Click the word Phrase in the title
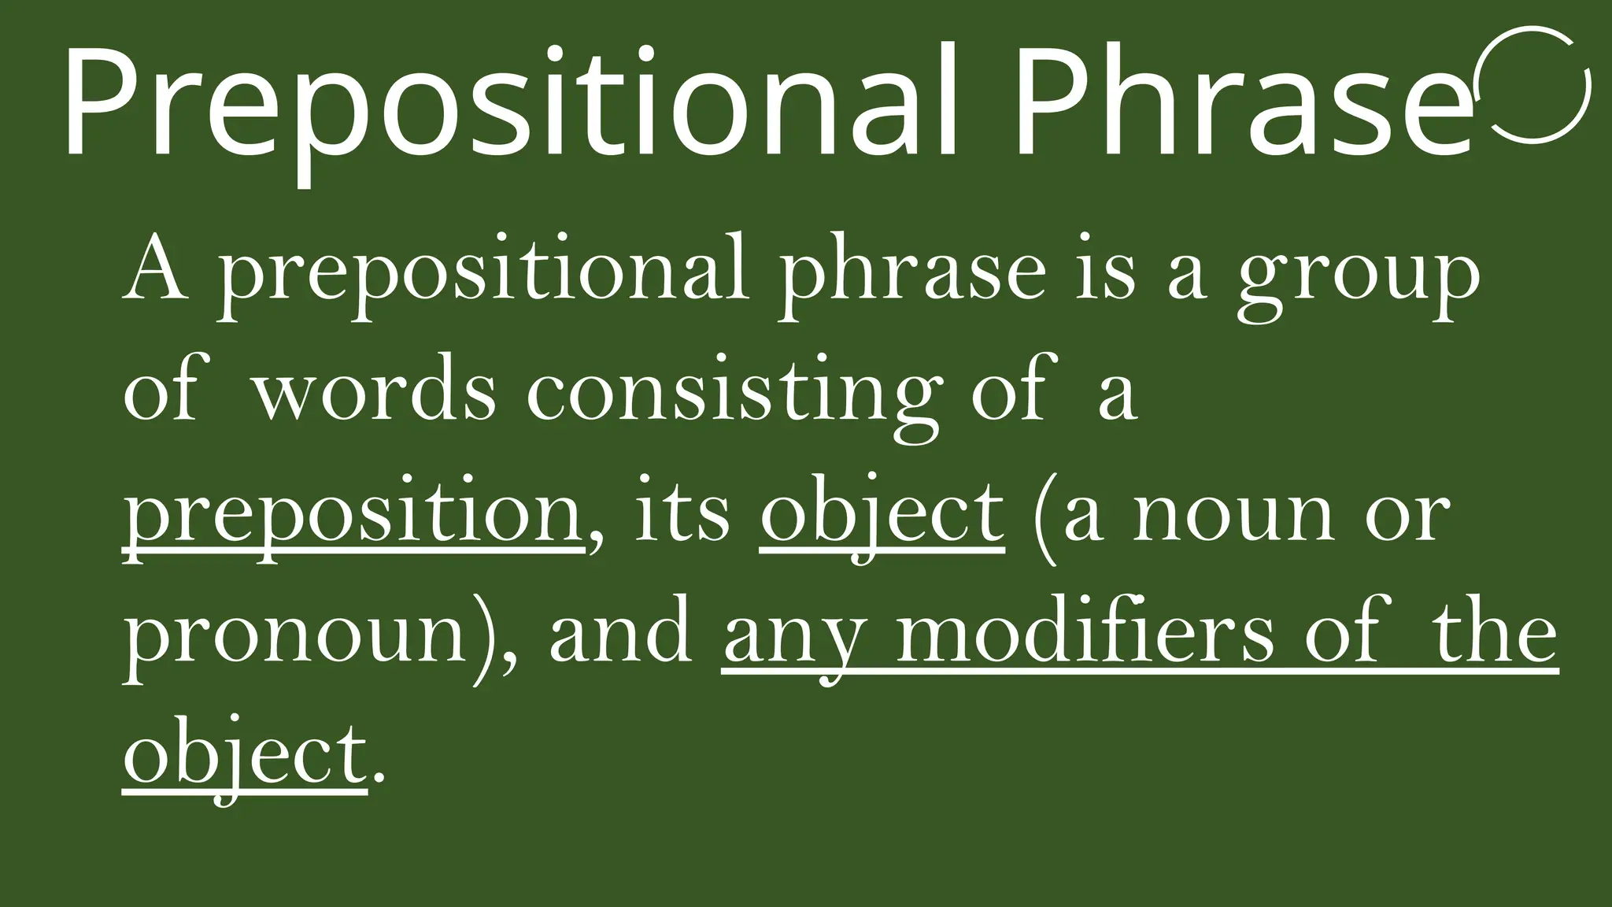click(x=1244, y=102)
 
